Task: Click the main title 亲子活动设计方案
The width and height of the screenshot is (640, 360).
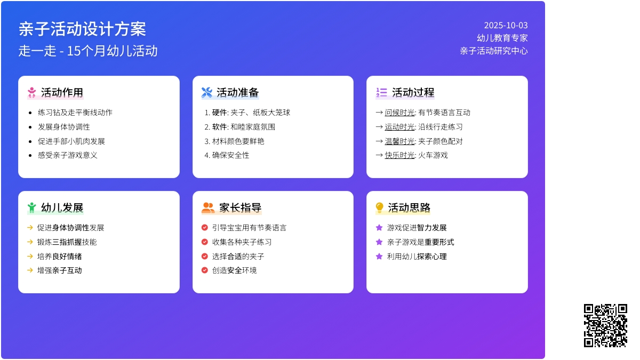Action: point(82,29)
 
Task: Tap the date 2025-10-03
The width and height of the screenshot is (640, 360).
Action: point(506,26)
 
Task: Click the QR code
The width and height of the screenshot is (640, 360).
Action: point(605,325)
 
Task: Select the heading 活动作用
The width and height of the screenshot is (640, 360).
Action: point(62,93)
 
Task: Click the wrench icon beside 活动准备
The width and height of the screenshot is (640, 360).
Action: point(207,93)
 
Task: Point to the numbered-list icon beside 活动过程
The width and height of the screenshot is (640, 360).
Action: point(381,93)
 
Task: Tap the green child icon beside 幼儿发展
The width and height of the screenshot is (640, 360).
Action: point(31,207)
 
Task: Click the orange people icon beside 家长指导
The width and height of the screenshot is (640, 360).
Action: point(208,207)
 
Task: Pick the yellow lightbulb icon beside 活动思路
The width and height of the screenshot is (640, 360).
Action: point(379,207)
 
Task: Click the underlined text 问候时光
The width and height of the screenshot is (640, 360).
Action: point(399,113)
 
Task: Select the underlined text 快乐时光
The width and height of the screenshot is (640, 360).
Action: point(399,155)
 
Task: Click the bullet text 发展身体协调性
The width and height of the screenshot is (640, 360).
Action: point(63,127)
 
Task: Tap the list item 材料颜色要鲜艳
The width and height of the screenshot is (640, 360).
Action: point(238,141)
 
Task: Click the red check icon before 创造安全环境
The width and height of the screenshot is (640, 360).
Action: point(205,270)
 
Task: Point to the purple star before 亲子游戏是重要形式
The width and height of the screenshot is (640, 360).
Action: point(379,242)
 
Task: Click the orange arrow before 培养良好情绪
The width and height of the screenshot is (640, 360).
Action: point(30,257)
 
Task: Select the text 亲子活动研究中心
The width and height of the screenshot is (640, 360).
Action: point(494,51)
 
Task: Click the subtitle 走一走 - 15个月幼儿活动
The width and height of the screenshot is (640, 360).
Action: point(88,51)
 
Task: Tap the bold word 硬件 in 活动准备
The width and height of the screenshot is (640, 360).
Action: point(219,113)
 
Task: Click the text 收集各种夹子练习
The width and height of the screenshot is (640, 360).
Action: point(242,242)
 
